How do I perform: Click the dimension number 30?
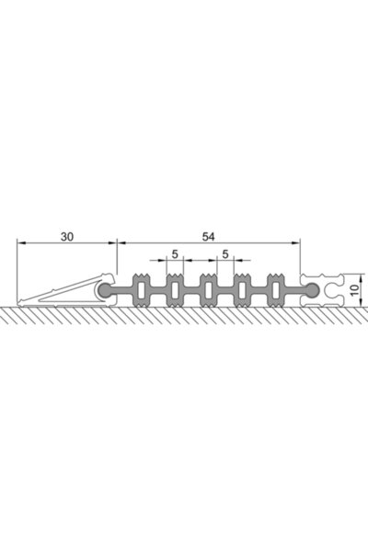coord(67,237)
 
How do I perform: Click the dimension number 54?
coord(208,237)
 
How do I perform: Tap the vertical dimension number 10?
coord(355,289)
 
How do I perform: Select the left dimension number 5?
coord(175,253)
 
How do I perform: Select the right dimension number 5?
coord(225,253)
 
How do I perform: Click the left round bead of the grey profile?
coord(105,290)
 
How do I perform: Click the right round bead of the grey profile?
coord(312,290)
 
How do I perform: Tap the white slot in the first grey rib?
coord(142,290)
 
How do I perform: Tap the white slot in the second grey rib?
coord(175,290)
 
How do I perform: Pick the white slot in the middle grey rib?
coord(209,290)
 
